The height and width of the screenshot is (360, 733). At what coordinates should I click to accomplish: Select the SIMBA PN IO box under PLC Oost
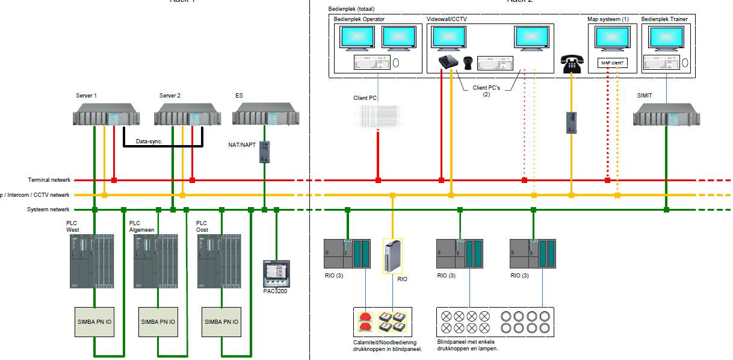[x=223, y=322]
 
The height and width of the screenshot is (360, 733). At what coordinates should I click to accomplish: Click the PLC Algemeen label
[x=143, y=226]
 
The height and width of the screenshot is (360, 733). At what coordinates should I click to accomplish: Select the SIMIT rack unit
[x=666, y=114]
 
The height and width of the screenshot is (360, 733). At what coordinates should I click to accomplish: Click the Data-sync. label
[x=149, y=141]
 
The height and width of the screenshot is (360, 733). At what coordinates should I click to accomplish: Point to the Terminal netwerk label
[x=49, y=180]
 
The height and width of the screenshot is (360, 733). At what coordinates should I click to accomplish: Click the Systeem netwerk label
[x=49, y=209]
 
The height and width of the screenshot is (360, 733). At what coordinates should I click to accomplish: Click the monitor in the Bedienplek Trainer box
[x=666, y=39]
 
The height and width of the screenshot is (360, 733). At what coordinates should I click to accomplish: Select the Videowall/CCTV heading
[x=447, y=19]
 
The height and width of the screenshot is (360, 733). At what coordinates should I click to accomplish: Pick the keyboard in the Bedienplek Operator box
[x=371, y=62]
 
